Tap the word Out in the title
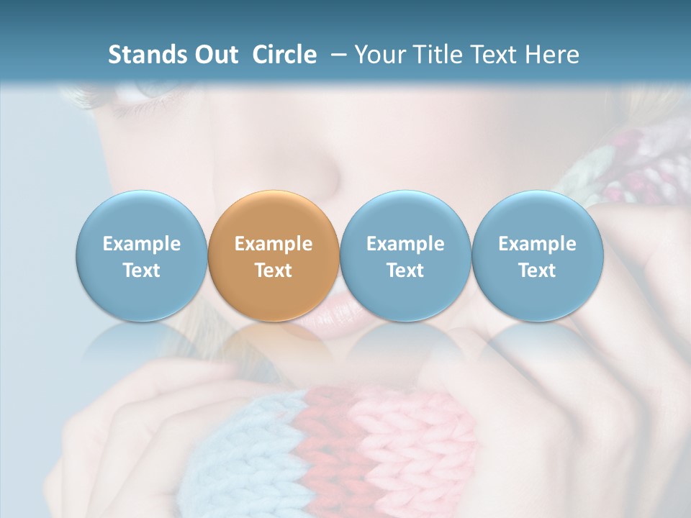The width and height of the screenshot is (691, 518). (215, 55)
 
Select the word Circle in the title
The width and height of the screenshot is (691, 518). (284, 55)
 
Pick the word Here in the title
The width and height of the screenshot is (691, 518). (551, 55)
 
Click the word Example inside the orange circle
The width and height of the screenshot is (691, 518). (274, 244)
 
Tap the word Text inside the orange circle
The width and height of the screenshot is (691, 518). (274, 271)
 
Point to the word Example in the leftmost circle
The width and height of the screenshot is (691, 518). (141, 244)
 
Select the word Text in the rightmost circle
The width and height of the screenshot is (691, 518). (537, 271)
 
